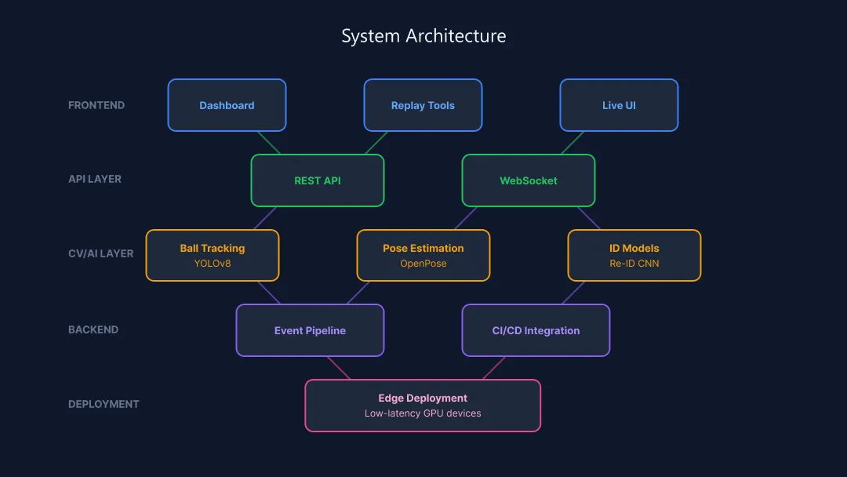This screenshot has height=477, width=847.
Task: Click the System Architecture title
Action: click(423, 36)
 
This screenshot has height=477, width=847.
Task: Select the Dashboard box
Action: click(227, 105)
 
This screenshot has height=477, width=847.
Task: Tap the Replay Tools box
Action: click(423, 105)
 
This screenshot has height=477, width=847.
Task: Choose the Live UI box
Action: click(619, 105)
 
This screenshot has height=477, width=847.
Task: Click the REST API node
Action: click(318, 180)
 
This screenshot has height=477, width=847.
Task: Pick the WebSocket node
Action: click(529, 180)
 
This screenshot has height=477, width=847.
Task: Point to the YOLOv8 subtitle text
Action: click(213, 264)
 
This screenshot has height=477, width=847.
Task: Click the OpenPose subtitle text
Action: click(423, 264)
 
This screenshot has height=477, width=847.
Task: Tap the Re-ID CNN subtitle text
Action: click(634, 264)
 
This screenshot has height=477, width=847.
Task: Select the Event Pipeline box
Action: click(310, 330)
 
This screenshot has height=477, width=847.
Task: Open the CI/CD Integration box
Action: click(536, 330)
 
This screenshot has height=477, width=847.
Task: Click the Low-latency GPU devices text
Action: click(423, 413)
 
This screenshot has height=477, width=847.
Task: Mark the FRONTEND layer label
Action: click(96, 105)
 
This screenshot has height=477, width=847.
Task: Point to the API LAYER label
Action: click(95, 179)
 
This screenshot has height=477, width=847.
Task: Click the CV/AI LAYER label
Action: click(101, 253)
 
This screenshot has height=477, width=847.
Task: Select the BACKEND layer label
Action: click(93, 330)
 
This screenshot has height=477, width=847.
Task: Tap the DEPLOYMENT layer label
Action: click(104, 404)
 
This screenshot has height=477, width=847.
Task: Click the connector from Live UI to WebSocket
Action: click(573, 143)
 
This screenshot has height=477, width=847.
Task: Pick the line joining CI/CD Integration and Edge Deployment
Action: click(494, 368)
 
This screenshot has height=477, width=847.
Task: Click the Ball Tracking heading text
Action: click(213, 248)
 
